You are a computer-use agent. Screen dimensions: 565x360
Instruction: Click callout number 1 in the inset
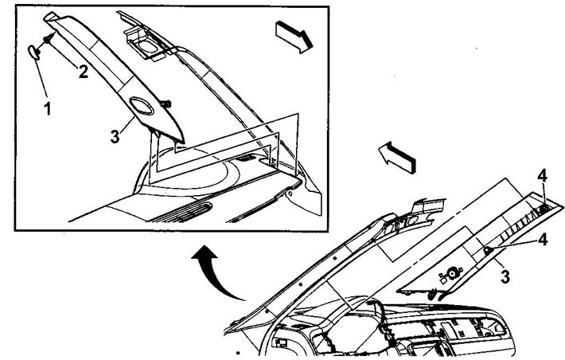pyautogui.click(x=47, y=108)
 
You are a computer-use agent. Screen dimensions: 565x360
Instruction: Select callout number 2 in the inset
pyautogui.click(x=84, y=72)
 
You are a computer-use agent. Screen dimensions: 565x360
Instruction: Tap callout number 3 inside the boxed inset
pyautogui.click(x=115, y=137)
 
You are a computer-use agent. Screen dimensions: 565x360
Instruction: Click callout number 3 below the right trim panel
pyautogui.click(x=505, y=276)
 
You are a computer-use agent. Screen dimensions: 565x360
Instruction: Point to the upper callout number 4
pyautogui.click(x=542, y=176)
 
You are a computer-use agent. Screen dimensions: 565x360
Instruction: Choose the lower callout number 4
pyautogui.click(x=542, y=240)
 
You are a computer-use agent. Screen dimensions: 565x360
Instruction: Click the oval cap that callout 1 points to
pyautogui.click(x=33, y=52)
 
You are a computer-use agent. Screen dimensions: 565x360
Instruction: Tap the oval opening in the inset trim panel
pyautogui.click(x=142, y=107)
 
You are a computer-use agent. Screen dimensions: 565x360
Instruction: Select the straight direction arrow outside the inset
pyautogui.click(x=397, y=157)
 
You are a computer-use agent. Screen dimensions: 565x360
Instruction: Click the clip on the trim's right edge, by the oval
pyautogui.click(x=166, y=104)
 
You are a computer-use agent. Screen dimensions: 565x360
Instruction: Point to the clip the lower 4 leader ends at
pyautogui.click(x=487, y=249)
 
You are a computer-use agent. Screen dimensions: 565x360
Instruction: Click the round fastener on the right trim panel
pyautogui.click(x=451, y=273)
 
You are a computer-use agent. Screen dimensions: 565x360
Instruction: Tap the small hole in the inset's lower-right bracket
pyautogui.click(x=290, y=194)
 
